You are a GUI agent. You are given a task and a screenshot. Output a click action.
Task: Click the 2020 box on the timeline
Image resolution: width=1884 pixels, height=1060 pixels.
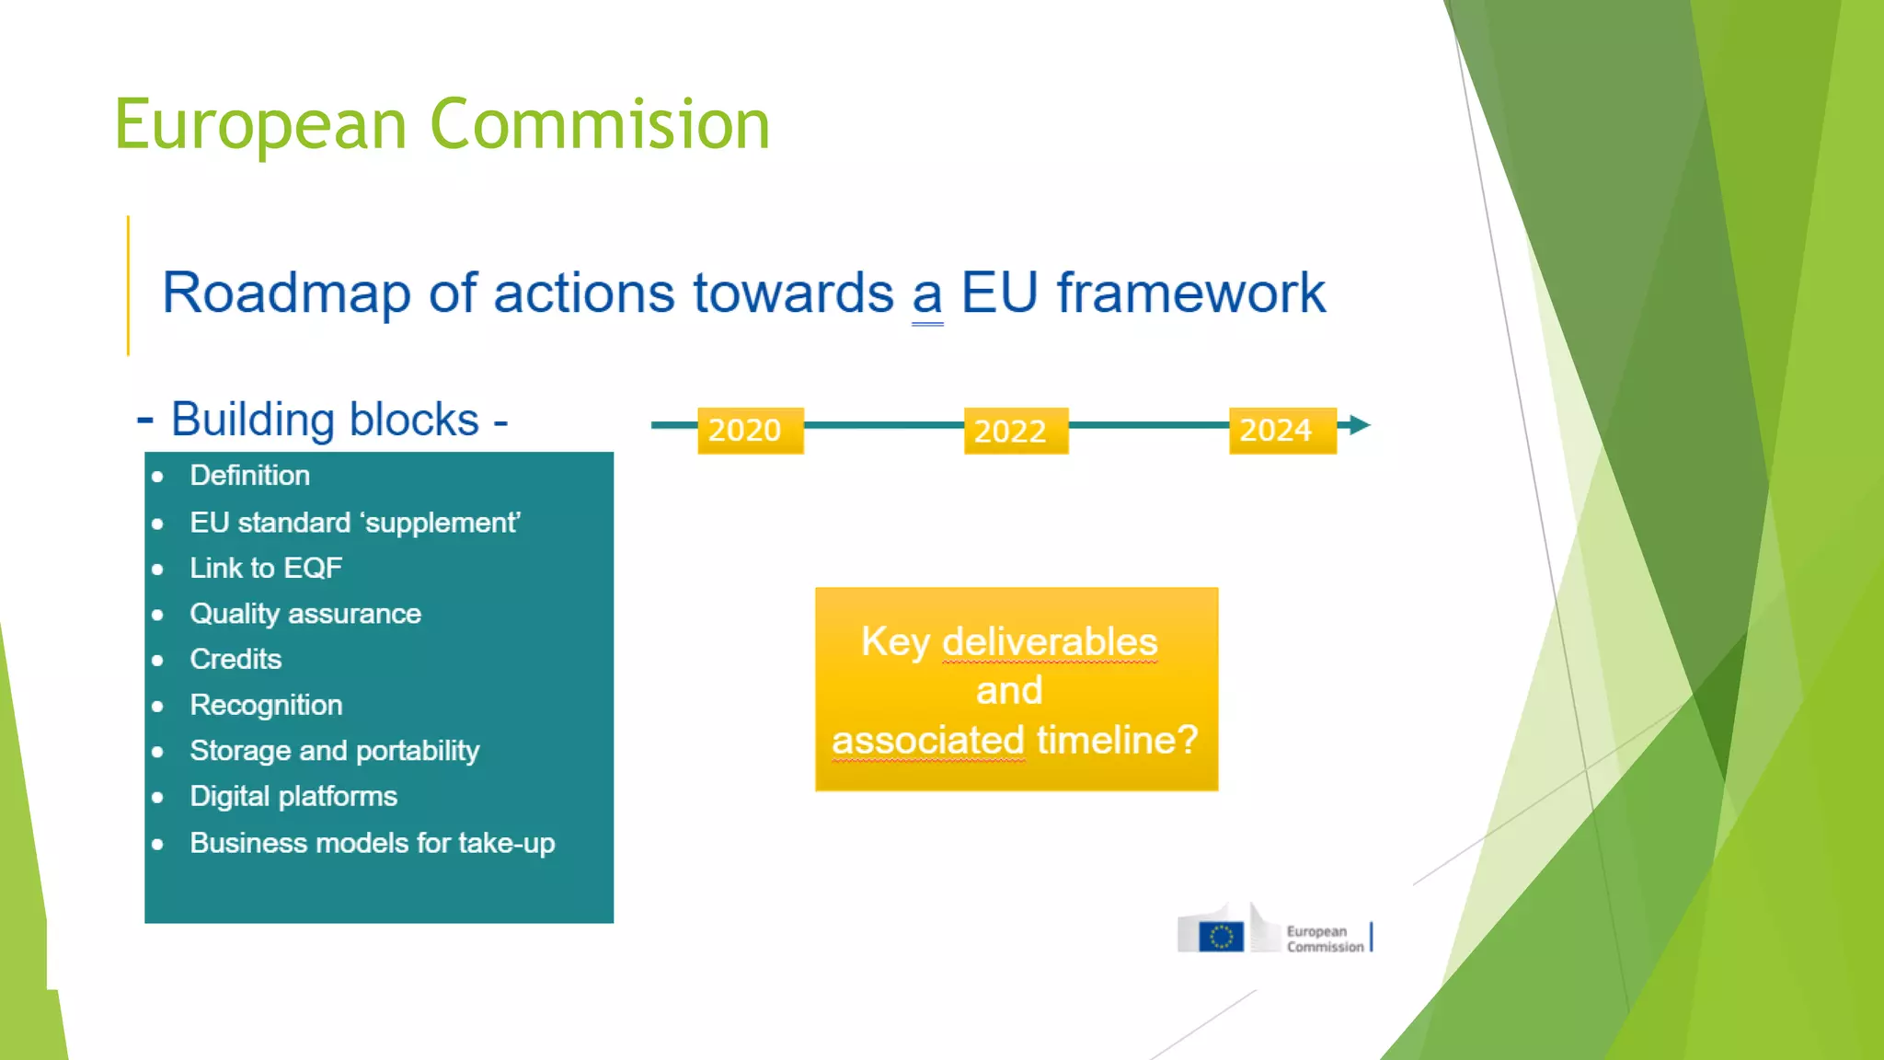click(750, 430)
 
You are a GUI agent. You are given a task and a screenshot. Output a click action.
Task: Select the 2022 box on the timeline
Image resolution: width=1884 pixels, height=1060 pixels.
click(1016, 431)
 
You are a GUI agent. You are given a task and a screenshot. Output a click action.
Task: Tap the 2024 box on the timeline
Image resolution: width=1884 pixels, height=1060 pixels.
click(1281, 430)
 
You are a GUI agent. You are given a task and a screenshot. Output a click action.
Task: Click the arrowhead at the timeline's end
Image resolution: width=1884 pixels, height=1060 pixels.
click(1359, 425)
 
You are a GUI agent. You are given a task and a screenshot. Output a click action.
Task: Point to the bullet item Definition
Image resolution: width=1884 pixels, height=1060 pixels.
click(249, 476)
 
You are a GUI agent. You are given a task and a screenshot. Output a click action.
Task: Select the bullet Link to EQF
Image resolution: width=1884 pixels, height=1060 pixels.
click(266, 568)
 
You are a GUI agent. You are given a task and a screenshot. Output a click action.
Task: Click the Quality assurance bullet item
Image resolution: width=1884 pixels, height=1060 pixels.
click(305, 614)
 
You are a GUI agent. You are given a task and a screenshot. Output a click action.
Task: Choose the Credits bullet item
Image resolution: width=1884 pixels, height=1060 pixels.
click(235, 659)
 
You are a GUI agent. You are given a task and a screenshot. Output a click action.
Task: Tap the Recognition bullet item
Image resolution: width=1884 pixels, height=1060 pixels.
click(266, 705)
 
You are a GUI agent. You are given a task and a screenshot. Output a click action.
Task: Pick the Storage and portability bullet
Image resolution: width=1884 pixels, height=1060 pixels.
click(334, 751)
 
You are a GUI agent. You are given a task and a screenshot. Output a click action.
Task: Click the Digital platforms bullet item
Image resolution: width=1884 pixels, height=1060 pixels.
click(293, 796)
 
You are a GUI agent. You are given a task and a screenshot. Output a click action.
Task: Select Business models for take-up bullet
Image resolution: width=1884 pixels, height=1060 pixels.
click(372, 843)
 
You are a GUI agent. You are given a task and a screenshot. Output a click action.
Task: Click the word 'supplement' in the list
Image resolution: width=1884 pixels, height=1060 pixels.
click(441, 523)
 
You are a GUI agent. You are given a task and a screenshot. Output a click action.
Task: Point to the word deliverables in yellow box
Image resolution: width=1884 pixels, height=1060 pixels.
click(1050, 641)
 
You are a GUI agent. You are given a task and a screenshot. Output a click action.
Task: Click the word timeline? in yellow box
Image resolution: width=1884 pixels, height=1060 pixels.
click(1117, 740)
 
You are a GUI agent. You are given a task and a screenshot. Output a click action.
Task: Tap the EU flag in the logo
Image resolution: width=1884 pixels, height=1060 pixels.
click(1222, 937)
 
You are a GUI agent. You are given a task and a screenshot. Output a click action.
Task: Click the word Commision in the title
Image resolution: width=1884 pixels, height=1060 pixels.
click(600, 124)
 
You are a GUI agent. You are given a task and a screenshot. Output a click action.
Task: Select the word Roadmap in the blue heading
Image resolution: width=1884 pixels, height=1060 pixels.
click(286, 294)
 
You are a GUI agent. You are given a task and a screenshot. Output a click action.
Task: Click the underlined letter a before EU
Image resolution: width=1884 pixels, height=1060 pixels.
click(927, 296)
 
